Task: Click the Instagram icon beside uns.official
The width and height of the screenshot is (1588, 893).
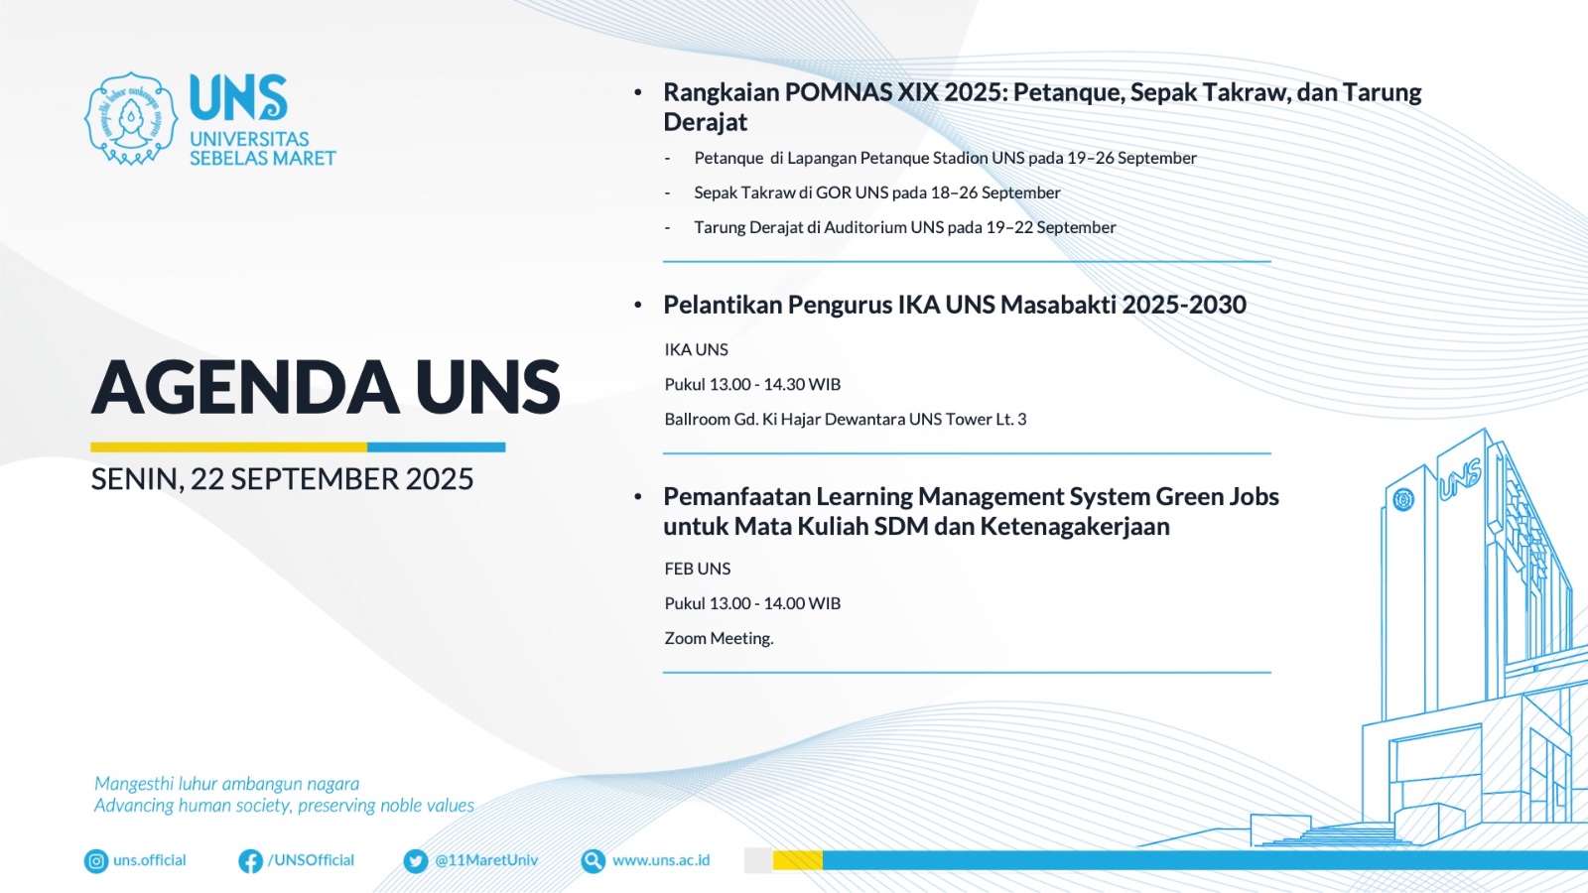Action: click(x=95, y=861)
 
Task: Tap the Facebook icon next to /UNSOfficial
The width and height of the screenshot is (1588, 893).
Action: click(x=250, y=861)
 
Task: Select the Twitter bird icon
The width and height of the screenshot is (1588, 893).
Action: click(x=416, y=861)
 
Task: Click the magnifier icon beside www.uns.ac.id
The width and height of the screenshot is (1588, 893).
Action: click(x=593, y=861)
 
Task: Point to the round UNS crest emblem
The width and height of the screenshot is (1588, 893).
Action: click(x=130, y=118)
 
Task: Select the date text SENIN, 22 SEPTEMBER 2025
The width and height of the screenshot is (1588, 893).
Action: click(x=282, y=479)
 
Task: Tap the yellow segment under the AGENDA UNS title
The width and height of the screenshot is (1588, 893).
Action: click(x=229, y=447)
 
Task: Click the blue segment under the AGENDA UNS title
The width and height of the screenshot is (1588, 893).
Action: click(x=436, y=447)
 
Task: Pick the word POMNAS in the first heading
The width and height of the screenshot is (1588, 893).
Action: click(x=838, y=93)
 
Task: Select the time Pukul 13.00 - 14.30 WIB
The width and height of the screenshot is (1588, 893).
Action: click(x=752, y=384)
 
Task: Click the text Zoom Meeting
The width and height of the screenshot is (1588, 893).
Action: click(x=719, y=639)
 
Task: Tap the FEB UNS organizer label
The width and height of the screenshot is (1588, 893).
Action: click(x=698, y=569)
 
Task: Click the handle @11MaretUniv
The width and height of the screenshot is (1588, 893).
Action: click(x=486, y=860)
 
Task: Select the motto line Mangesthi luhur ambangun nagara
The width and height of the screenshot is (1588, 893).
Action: click(x=227, y=784)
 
